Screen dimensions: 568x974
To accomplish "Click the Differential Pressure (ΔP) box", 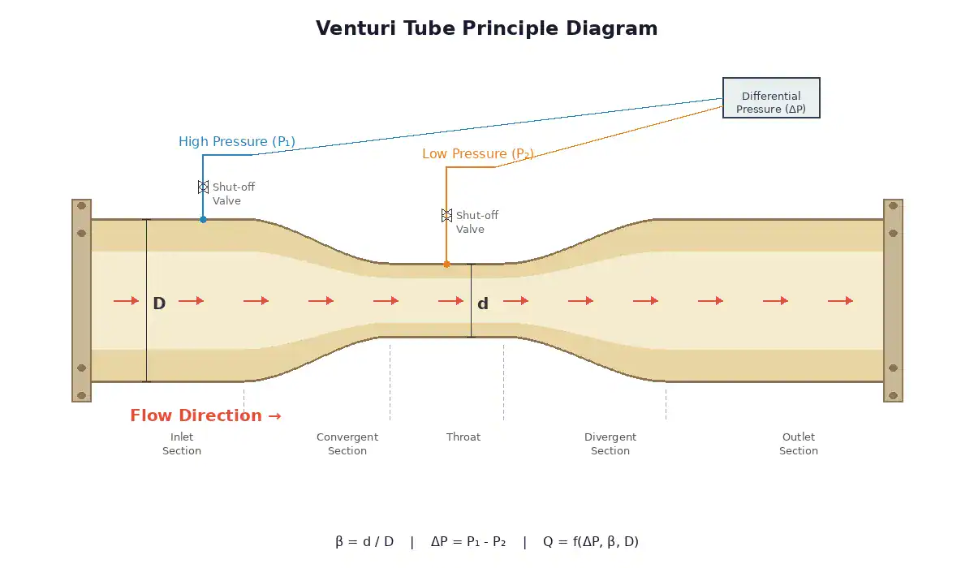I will tap(771, 98).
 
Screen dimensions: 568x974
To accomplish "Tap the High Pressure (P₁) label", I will tap(237, 142).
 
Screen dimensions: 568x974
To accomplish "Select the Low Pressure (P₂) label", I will tap(478, 154).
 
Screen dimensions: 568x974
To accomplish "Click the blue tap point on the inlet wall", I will tap(203, 219).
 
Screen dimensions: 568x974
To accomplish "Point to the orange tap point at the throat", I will tap(446, 264).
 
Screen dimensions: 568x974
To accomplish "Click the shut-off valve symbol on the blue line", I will tap(203, 187).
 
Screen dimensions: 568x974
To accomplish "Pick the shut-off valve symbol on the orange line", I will tap(446, 215).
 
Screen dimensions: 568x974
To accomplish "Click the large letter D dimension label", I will tap(159, 304).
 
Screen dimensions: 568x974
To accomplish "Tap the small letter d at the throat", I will tap(483, 304).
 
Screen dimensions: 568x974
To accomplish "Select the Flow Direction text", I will tap(205, 415).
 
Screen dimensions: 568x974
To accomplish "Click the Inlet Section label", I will tap(182, 444).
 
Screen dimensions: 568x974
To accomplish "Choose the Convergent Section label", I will tap(347, 444).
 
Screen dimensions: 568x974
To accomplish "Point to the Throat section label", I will tap(463, 437).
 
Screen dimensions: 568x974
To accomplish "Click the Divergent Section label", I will tap(610, 444).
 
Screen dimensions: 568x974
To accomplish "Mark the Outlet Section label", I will tap(799, 444).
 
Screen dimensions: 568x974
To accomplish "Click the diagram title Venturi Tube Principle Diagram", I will tap(486, 28).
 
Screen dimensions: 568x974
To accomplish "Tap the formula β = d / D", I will tap(364, 542).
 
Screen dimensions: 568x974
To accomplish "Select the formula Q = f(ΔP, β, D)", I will tap(591, 542).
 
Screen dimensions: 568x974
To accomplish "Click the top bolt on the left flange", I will tap(81, 206).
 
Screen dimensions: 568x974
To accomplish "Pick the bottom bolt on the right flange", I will tap(893, 395).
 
